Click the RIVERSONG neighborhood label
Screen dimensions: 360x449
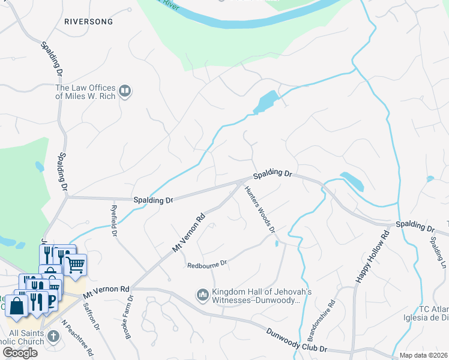[88, 21]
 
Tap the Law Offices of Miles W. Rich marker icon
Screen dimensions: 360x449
[125, 91]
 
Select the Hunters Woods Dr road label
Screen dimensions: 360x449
[260, 209]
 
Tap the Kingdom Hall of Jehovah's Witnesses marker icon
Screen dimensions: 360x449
[202, 295]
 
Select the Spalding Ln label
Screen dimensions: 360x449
[437, 251]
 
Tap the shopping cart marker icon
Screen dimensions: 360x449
[75, 264]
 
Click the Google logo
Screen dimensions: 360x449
[20, 352]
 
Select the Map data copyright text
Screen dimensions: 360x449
[423, 355]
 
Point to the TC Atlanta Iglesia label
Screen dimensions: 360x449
[426, 314]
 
